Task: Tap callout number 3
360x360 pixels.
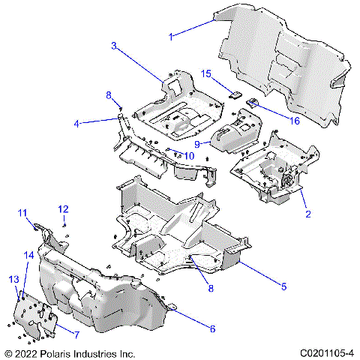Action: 114,46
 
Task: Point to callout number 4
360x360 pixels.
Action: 76,123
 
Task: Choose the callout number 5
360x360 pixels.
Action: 283,286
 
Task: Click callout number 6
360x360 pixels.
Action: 212,328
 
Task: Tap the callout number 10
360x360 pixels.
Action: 188,155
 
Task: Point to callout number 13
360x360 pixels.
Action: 13,279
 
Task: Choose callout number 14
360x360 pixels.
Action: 28,256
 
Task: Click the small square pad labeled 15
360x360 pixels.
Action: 233,95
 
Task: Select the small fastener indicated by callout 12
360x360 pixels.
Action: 64,224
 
